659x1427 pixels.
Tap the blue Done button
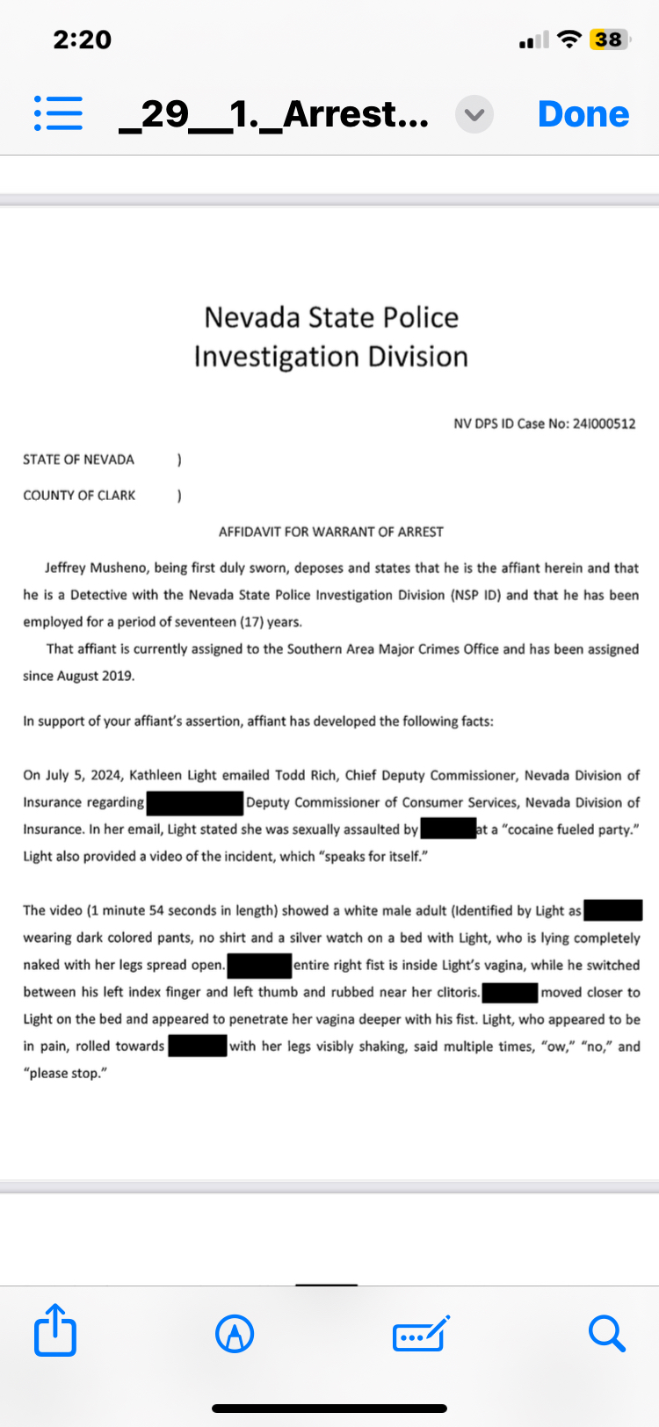coord(583,114)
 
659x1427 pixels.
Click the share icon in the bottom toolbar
coord(54,1330)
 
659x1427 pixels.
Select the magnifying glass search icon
coord(606,1333)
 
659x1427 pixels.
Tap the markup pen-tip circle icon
coord(235,1334)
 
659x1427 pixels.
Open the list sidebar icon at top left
coord(58,114)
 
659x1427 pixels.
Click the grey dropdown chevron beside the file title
coord(474,115)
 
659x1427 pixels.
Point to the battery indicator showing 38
coord(608,40)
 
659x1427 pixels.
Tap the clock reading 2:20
coord(82,40)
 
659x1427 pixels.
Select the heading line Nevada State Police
coord(331,317)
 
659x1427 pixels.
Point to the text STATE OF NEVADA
coord(79,460)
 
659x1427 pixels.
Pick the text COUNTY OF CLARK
coord(79,496)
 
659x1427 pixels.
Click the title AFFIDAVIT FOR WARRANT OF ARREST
coord(331,532)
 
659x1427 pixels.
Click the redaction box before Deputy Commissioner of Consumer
coord(195,802)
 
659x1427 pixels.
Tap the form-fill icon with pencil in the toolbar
coord(421,1334)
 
